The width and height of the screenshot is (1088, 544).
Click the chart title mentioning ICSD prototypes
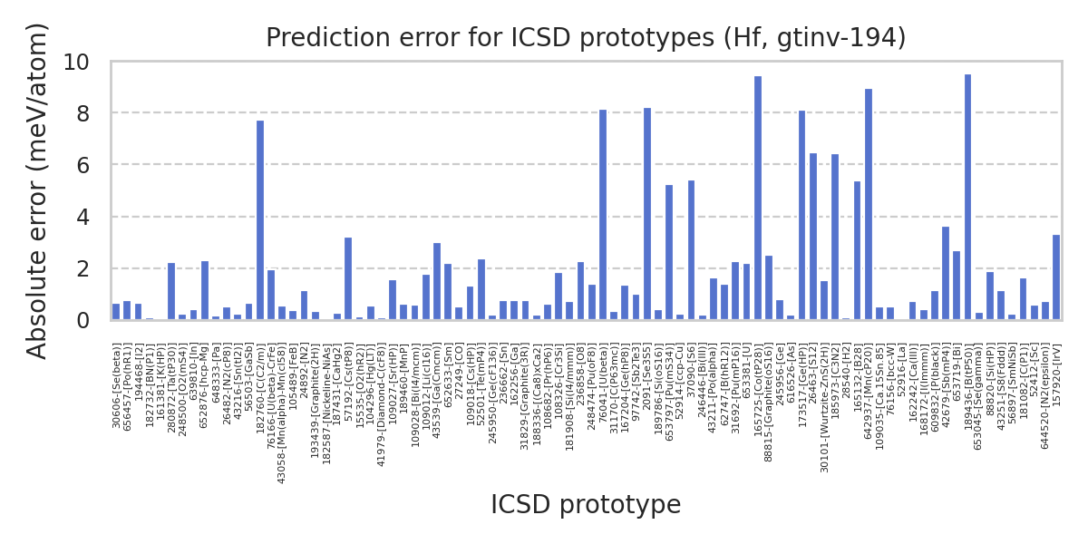586,38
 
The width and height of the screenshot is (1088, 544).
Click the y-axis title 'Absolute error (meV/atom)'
37,190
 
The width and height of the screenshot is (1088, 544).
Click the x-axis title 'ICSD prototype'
586,505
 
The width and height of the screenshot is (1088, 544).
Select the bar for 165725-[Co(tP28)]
757,199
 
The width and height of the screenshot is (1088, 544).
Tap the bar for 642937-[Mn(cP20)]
868,205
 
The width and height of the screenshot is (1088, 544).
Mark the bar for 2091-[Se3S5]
647,214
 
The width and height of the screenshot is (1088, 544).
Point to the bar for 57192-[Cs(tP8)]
348,279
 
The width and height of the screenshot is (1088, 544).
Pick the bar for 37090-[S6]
691,250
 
